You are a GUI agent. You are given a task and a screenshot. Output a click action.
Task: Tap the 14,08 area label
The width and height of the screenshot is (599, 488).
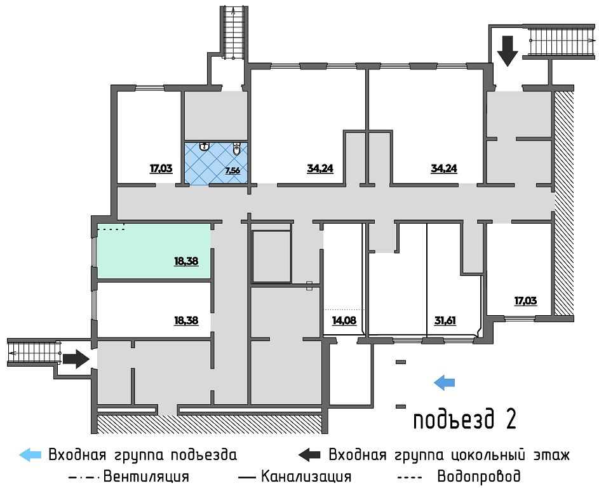[344, 320]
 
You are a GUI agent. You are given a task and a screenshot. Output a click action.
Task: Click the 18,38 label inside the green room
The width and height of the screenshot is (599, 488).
[186, 260]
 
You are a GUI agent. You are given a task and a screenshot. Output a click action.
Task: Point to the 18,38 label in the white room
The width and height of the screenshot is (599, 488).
[186, 320]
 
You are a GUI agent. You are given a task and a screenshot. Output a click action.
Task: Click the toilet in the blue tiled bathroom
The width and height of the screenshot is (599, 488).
[236, 149]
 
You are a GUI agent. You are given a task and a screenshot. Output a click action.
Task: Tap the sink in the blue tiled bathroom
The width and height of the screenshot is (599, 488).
[204, 146]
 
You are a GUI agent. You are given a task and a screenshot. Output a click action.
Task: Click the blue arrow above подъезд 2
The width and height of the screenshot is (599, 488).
[445, 382]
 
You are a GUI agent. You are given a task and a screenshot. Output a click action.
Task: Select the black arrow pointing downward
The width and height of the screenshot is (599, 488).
[508, 51]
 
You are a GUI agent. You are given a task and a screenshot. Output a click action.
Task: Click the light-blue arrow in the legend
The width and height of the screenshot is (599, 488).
[31, 455]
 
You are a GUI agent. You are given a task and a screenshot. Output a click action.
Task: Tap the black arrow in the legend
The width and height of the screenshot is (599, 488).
[310, 455]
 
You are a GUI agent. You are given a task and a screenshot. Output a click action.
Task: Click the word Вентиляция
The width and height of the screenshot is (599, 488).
[145, 476]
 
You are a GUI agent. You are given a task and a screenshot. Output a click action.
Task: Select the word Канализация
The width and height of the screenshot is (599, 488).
[306, 476]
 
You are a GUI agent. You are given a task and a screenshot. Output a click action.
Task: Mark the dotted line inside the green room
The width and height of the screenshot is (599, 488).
[111, 229]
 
